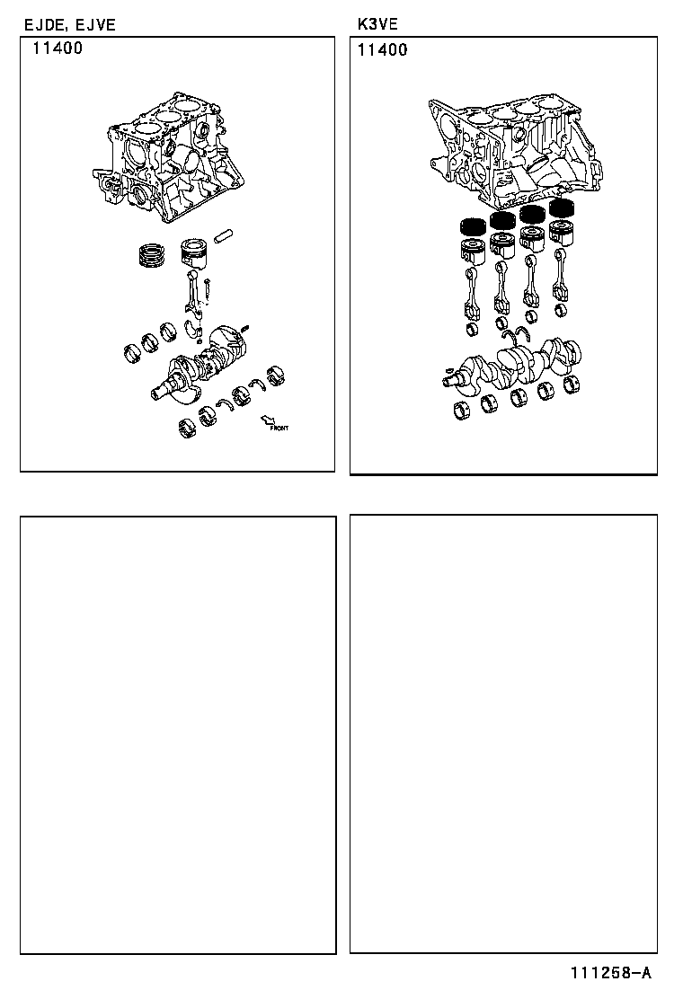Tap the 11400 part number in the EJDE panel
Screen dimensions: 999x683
pos(58,49)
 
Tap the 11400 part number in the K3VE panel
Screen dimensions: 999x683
pos(382,50)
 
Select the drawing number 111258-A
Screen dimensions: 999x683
pos(608,974)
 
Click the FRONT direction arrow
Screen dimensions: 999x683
pos(267,419)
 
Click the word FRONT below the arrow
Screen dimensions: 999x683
pos(279,429)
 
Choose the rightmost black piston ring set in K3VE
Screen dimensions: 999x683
pos(563,208)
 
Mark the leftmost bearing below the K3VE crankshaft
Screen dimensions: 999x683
pos(464,412)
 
